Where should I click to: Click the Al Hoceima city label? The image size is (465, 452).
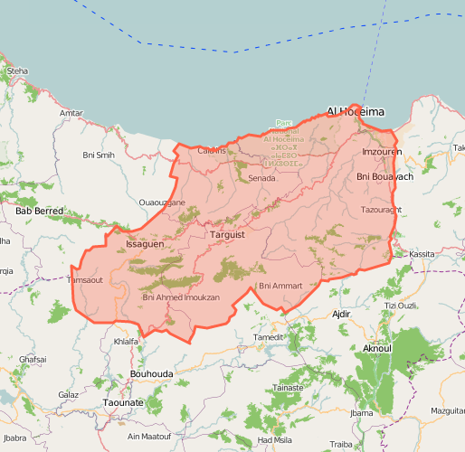click(x=356, y=111)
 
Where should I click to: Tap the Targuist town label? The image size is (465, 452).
click(x=227, y=235)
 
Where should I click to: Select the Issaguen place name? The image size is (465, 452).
click(x=145, y=244)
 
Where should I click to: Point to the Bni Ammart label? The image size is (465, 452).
click(x=280, y=286)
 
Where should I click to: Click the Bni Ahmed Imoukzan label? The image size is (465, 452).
click(x=181, y=297)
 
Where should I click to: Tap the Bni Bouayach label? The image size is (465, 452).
click(x=384, y=176)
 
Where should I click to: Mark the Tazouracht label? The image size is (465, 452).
click(x=381, y=209)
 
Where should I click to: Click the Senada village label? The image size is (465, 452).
click(x=261, y=178)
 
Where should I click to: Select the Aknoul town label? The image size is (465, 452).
click(x=376, y=348)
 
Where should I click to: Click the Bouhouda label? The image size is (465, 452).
click(x=151, y=372)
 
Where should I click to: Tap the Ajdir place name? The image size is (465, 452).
click(x=340, y=314)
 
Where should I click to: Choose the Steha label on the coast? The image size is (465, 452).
click(x=17, y=71)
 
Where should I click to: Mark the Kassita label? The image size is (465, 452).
click(x=422, y=255)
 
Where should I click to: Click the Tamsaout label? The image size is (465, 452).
click(x=86, y=280)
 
